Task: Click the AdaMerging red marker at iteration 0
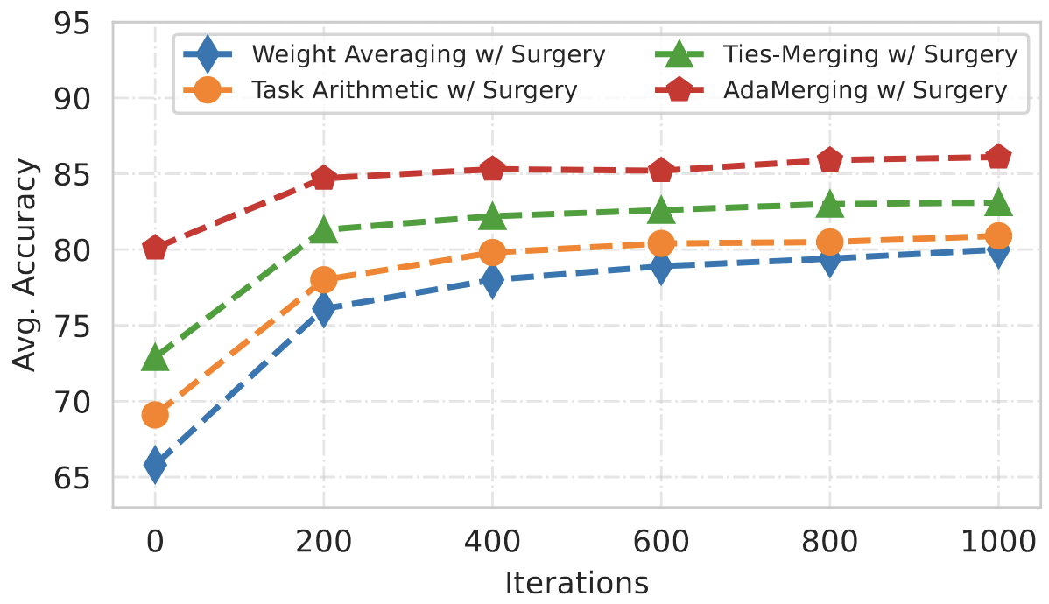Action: pos(155,249)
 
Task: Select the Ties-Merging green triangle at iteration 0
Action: pos(155,357)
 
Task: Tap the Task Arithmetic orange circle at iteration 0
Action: pos(155,414)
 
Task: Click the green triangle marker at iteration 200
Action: pos(324,230)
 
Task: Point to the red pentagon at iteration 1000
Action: pos(998,158)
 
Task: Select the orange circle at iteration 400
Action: pos(493,253)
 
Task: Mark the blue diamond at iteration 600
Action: pos(661,266)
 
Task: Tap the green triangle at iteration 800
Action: pos(830,205)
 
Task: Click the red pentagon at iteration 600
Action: pos(661,171)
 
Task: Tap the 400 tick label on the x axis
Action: pos(493,543)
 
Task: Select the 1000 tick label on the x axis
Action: pos(998,543)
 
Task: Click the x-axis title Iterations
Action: pos(576,582)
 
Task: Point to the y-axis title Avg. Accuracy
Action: pos(26,264)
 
